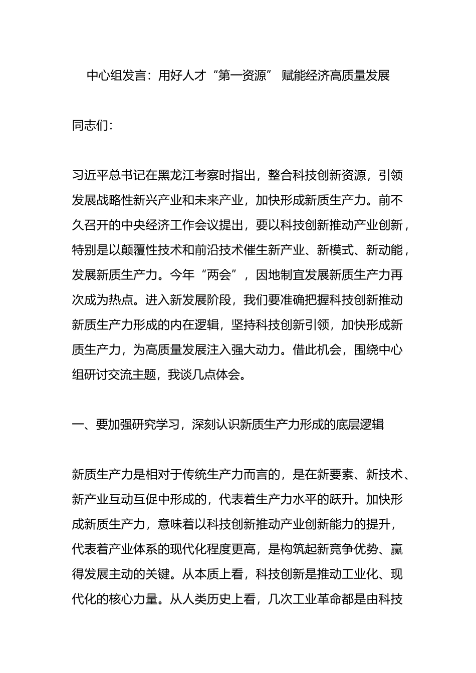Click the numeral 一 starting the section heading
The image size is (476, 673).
coord(78,425)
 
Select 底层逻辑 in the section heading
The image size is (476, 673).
coord(360,425)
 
